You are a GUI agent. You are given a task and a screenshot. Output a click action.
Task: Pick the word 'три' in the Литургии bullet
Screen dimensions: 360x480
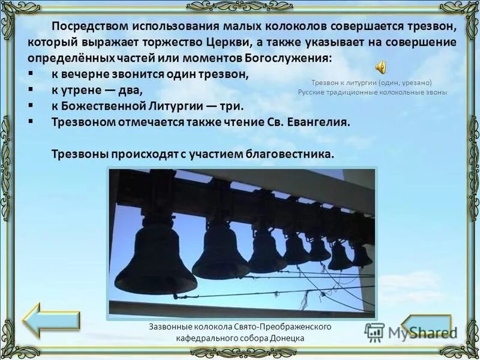point(233,106)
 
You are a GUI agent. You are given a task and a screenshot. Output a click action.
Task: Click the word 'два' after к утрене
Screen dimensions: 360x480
point(131,90)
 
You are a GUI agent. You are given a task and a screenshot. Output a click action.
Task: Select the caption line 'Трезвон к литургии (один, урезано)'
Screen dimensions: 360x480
point(372,82)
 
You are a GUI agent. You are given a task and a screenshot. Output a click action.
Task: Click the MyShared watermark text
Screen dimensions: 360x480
point(421,332)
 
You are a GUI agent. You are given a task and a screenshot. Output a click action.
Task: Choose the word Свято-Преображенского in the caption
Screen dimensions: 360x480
point(284,326)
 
